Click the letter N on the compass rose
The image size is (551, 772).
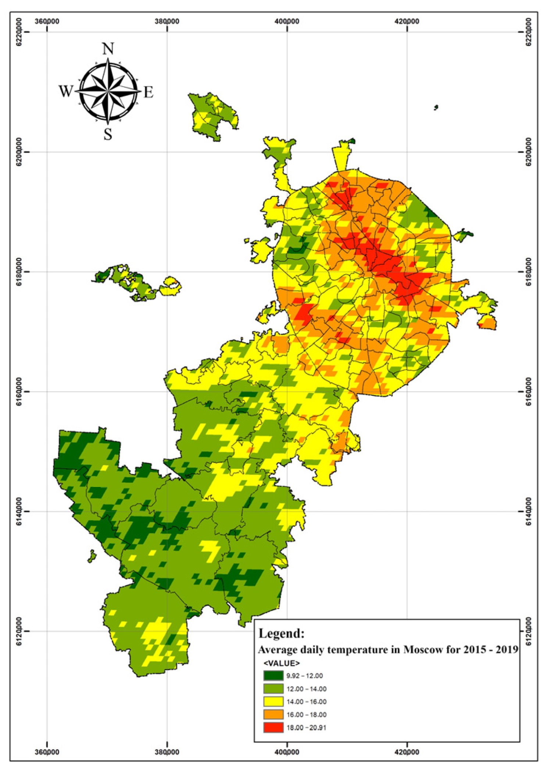(x=108, y=49)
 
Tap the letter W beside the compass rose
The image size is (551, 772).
(x=66, y=91)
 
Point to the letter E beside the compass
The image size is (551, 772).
(x=148, y=92)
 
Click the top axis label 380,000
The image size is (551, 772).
(x=167, y=21)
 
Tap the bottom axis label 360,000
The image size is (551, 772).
(x=47, y=752)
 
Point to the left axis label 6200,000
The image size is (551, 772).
(x=19, y=152)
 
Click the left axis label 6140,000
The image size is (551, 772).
(x=19, y=511)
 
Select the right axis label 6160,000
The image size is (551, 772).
(x=528, y=391)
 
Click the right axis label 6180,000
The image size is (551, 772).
(x=528, y=271)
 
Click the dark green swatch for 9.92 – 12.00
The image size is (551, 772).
(x=273, y=676)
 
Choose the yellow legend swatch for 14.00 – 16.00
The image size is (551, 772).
(x=273, y=702)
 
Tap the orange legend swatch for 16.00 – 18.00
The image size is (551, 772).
(x=273, y=715)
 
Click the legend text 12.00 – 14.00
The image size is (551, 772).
(x=306, y=689)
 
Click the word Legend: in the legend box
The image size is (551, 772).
(x=282, y=633)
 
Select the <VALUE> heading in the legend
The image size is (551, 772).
(x=282, y=663)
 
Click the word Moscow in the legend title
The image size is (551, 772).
(x=423, y=650)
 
